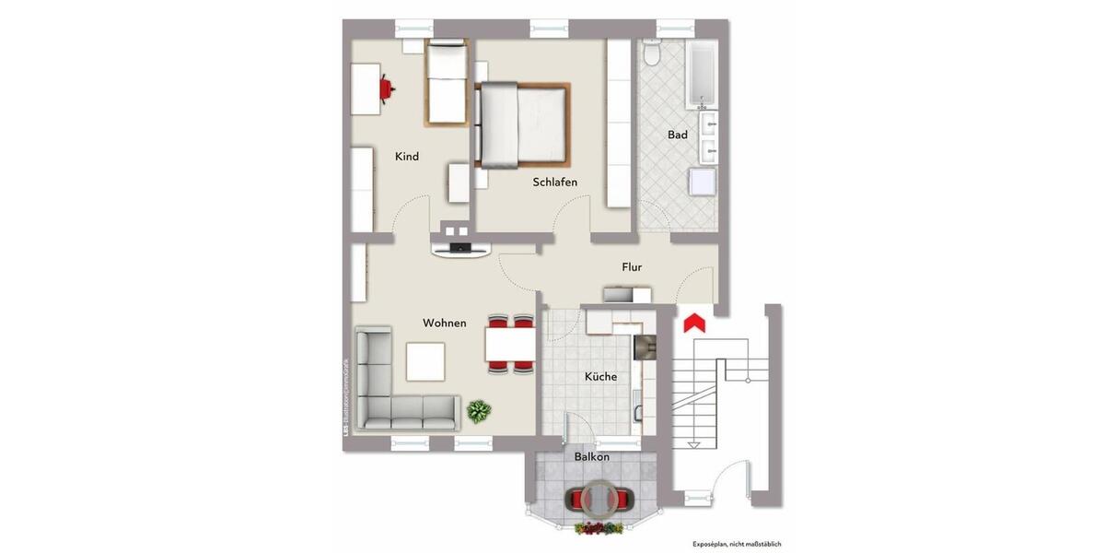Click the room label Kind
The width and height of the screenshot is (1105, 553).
coord(407,157)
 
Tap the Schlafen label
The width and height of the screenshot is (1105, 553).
coord(555,182)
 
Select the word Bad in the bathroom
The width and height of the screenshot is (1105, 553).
coord(678,135)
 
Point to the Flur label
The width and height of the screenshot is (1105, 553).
coord(632,267)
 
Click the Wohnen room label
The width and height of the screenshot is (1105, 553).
coord(444,324)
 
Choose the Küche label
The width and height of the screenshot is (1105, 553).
coord(600,377)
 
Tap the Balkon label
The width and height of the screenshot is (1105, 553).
coord(592,457)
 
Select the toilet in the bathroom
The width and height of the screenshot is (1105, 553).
coord(652,54)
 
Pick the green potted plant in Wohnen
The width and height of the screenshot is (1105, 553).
coord(479,410)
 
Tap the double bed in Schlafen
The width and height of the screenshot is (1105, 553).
coord(521,124)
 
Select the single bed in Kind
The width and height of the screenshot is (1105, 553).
coord(447,83)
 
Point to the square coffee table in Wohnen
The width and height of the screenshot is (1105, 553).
coord(425,361)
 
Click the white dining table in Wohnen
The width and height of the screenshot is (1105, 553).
coord(510,345)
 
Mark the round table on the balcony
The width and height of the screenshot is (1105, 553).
coord(599,499)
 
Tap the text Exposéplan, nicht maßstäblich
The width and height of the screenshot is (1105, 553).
coord(737,544)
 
